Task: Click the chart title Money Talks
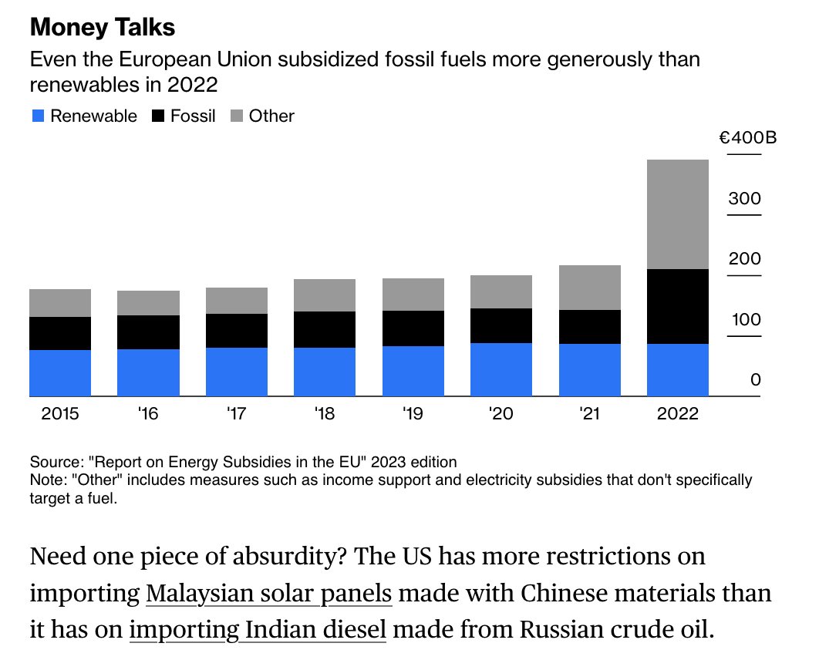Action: pyautogui.click(x=103, y=28)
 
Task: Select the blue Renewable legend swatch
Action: pyautogui.click(x=38, y=116)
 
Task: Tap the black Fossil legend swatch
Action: pyautogui.click(x=158, y=116)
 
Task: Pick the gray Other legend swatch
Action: pyautogui.click(x=237, y=116)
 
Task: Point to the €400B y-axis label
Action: pyautogui.click(x=748, y=138)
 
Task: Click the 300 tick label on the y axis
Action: pyautogui.click(x=744, y=198)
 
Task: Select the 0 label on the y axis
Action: pyautogui.click(x=755, y=379)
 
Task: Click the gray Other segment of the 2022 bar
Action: pyautogui.click(x=677, y=214)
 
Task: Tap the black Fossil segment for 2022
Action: pyautogui.click(x=677, y=307)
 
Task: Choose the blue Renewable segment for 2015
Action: pyautogui.click(x=60, y=373)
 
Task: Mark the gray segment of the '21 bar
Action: pyautogui.click(x=590, y=288)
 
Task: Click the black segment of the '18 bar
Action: pyautogui.click(x=325, y=330)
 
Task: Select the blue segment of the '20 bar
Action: pyautogui.click(x=501, y=369)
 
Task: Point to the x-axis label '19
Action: pyautogui.click(x=413, y=413)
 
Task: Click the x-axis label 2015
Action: pyautogui.click(x=60, y=413)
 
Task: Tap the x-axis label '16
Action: pyautogui.click(x=148, y=413)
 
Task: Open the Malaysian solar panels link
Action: pyautogui.click(x=268, y=594)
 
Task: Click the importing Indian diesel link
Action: pyautogui.click(x=258, y=630)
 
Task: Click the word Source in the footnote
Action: pyautogui.click(x=55, y=462)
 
